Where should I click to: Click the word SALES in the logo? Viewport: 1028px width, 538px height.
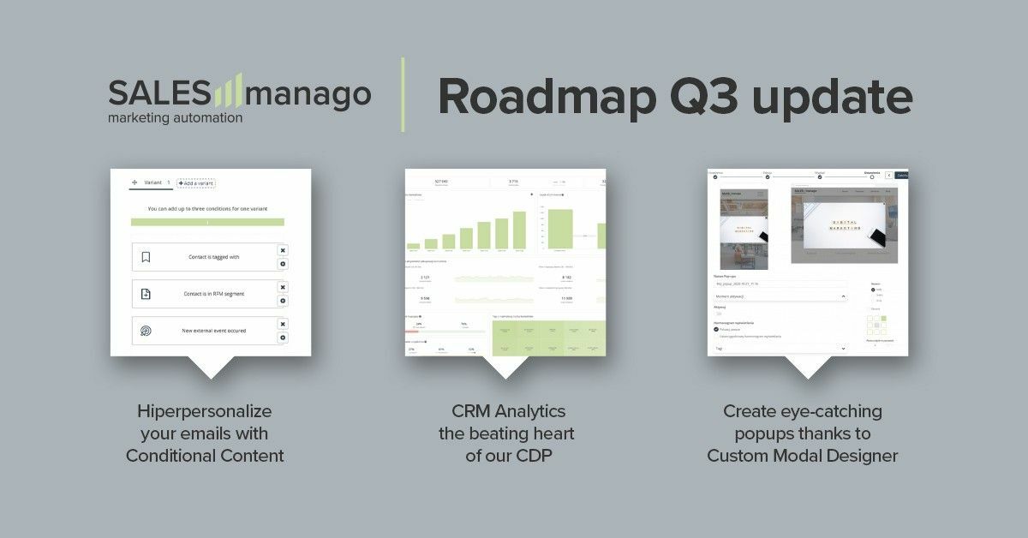coord(158,93)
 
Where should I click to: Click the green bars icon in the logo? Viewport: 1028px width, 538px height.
coord(227,90)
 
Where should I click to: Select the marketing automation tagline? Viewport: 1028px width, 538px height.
coord(175,117)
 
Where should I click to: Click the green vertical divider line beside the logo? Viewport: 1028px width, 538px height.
coord(403,95)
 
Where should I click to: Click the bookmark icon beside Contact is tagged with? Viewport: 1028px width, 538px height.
coord(146,257)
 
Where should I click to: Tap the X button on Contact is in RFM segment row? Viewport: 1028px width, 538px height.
coord(283,287)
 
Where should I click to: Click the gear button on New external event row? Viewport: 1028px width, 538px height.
coord(283,338)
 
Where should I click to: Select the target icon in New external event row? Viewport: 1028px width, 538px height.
coord(146,331)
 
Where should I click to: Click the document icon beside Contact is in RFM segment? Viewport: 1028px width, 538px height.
coord(146,294)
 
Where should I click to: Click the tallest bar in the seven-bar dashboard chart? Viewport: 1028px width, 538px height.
coord(519,230)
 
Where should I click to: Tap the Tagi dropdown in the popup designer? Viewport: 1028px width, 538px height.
coord(780,349)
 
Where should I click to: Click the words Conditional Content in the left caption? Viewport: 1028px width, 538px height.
coord(205,456)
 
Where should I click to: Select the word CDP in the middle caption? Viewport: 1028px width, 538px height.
coord(532,456)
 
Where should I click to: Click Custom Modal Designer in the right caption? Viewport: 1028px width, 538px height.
coord(802,456)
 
